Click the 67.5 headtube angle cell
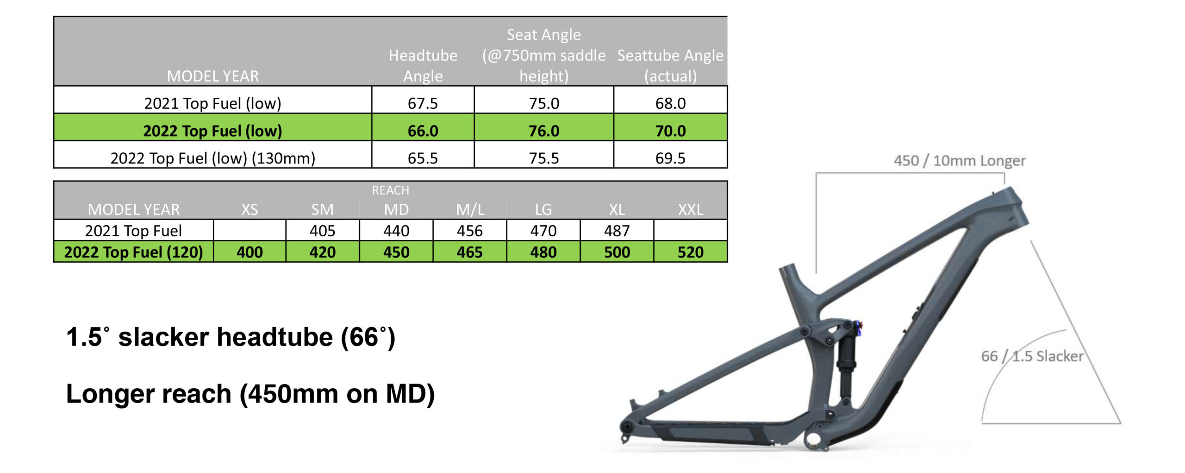click(x=423, y=103)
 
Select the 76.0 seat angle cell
click(x=544, y=131)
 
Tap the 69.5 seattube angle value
click(x=670, y=158)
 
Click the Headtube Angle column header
click(x=423, y=65)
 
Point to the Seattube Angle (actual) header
click(x=670, y=65)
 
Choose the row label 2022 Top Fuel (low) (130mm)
click(x=212, y=158)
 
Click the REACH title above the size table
click(x=390, y=190)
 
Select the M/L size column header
click(x=470, y=209)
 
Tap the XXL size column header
click(x=690, y=209)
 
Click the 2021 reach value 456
click(x=470, y=230)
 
